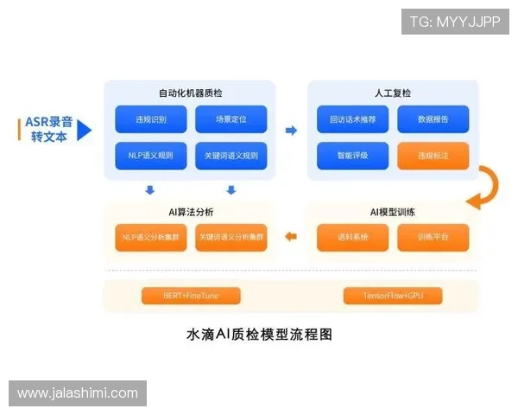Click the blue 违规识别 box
pos(151,119)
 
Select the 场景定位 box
pos(231,119)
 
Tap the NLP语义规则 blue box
pos(151,156)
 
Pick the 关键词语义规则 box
pos(231,156)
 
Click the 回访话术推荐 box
pos(352,119)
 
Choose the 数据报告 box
pos(433,119)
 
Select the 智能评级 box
pos(352,156)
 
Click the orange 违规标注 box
pos(433,156)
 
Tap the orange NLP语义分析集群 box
pos(151,237)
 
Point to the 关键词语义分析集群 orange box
pos(231,237)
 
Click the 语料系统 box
pos(352,237)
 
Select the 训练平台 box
pos(433,237)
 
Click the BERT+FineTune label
pos(191,296)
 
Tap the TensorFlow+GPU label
pos(393,296)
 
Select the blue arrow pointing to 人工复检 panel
pos(291,131)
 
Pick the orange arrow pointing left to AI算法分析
pos(291,236)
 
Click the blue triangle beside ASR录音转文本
pos(84,131)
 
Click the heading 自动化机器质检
pos(190,93)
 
